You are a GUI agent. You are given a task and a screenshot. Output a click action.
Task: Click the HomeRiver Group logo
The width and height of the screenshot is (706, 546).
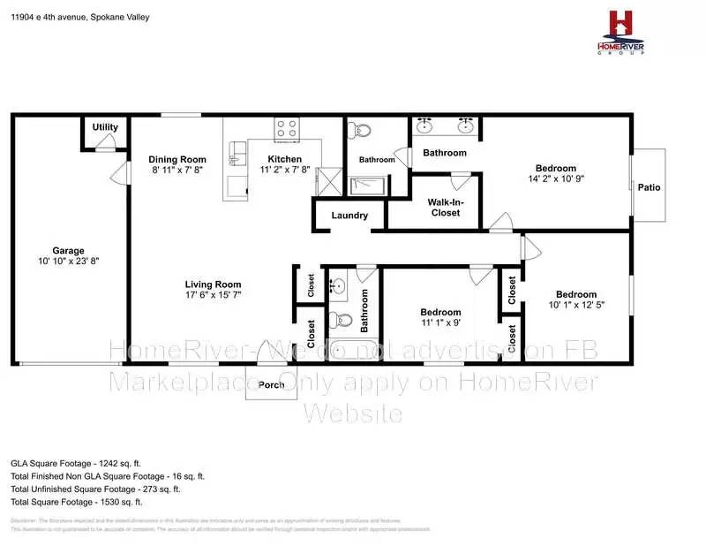pyautogui.click(x=622, y=32)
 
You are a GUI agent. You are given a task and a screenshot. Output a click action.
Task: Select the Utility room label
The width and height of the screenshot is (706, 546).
pyautogui.click(x=105, y=127)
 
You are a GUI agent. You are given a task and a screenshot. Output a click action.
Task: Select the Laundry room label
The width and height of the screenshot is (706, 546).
pyautogui.click(x=349, y=216)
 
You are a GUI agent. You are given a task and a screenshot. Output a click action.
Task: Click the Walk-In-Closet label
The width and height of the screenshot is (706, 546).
pyautogui.click(x=445, y=207)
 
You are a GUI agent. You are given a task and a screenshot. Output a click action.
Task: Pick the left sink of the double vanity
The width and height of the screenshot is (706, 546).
pyautogui.click(x=424, y=125)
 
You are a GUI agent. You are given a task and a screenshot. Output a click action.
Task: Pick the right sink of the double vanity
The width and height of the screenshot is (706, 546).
pyautogui.click(x=464, y=125)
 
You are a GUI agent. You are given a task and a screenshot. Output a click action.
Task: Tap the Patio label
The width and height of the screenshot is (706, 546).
pyautogui.click(x=650, y=187)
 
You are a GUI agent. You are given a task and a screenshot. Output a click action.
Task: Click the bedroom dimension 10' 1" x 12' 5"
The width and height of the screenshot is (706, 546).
pyautogui.click(x=575, y=306)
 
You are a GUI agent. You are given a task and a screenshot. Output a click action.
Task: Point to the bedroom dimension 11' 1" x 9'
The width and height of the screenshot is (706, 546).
pyautogui.click(x=439, y=323)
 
